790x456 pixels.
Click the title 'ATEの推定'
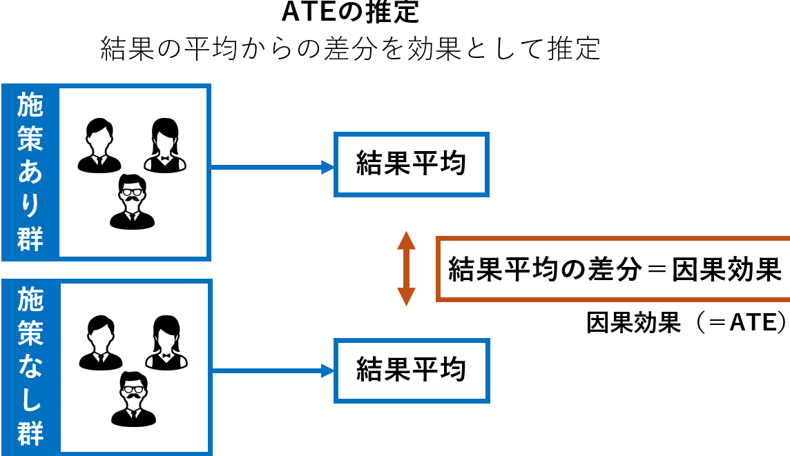pyautogui.click(x=350, y=12)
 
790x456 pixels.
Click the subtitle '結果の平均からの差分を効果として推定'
pyautogui.click(x=351, y=49)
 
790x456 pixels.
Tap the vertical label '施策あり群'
pyautogui.click(x=30, y=172)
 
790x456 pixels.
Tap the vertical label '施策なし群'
pyautogui.click(x=31, y=366)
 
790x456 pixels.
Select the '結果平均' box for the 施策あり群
pyautogui.click(x=411, y=164)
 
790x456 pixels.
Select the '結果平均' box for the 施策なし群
pyautogui.click(x=412, y=370)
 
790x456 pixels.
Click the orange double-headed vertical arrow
pyautogui.click(x=406, y=269)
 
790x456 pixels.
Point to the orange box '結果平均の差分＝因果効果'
pyautogui.click(x=613, y=269)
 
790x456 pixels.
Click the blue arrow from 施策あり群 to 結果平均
pyautogui.click(x=272, y=167)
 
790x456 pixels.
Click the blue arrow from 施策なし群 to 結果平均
pyautogui.click(x=273, y=371)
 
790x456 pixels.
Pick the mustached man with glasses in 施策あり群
pyautogui.click(x=132, y=202)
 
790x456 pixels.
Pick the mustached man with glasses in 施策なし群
pyautogui.click(x=133, y=399)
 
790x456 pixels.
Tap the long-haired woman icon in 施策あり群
pyautogui.click(x=165, y=146)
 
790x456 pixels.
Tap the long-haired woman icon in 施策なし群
pyautogui.click(x=166, y=343)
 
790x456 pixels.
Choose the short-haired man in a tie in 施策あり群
pyautogui.click(x=99, y=146)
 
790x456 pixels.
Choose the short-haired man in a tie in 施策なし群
pyautogui.click(x=101, y=343)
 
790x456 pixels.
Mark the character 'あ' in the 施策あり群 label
pyautogui.click(x=30, y=172)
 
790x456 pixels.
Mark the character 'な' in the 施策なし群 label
pyautogui.click(x=31, y=366)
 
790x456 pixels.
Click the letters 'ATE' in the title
pyautogui.click(x=309, y=12)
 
